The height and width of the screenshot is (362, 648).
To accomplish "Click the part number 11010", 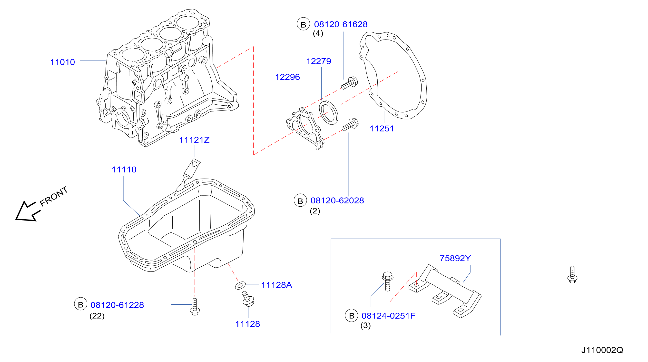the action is [x=63, y=62].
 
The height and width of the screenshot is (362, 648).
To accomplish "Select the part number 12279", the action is [x=318, y=61].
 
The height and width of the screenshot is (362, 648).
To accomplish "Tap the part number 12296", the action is [x=287, y=77].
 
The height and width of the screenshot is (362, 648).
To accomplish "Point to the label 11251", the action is [x=381, y=129].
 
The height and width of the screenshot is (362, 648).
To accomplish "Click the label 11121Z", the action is [x=194, y=140].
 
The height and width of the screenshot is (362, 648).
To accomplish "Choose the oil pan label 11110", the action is [x=124, y=170].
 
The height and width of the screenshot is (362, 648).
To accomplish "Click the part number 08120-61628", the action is [x=341, y=24].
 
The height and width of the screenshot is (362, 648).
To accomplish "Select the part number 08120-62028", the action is [x=337, y=201].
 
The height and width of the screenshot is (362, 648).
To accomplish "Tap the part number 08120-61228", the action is [x=117, y=305].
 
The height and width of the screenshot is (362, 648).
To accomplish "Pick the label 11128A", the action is [x=276, y=285].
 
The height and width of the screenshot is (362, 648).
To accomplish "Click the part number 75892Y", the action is [x=455, y=258].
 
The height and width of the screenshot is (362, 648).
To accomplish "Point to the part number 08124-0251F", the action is [x=388, y=316].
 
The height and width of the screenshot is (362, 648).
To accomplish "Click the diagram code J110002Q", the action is [x=602, y=350].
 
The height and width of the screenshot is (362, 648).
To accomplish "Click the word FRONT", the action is [x=54, y=197].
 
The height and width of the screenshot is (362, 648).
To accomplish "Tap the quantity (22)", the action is [x=97, y=316].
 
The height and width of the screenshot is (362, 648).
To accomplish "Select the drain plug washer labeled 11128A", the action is [x=240, y=286].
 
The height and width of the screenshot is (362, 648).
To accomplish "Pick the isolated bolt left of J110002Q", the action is [x=572, y=275].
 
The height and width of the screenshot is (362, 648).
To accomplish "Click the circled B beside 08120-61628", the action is [x=303, y=24].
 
